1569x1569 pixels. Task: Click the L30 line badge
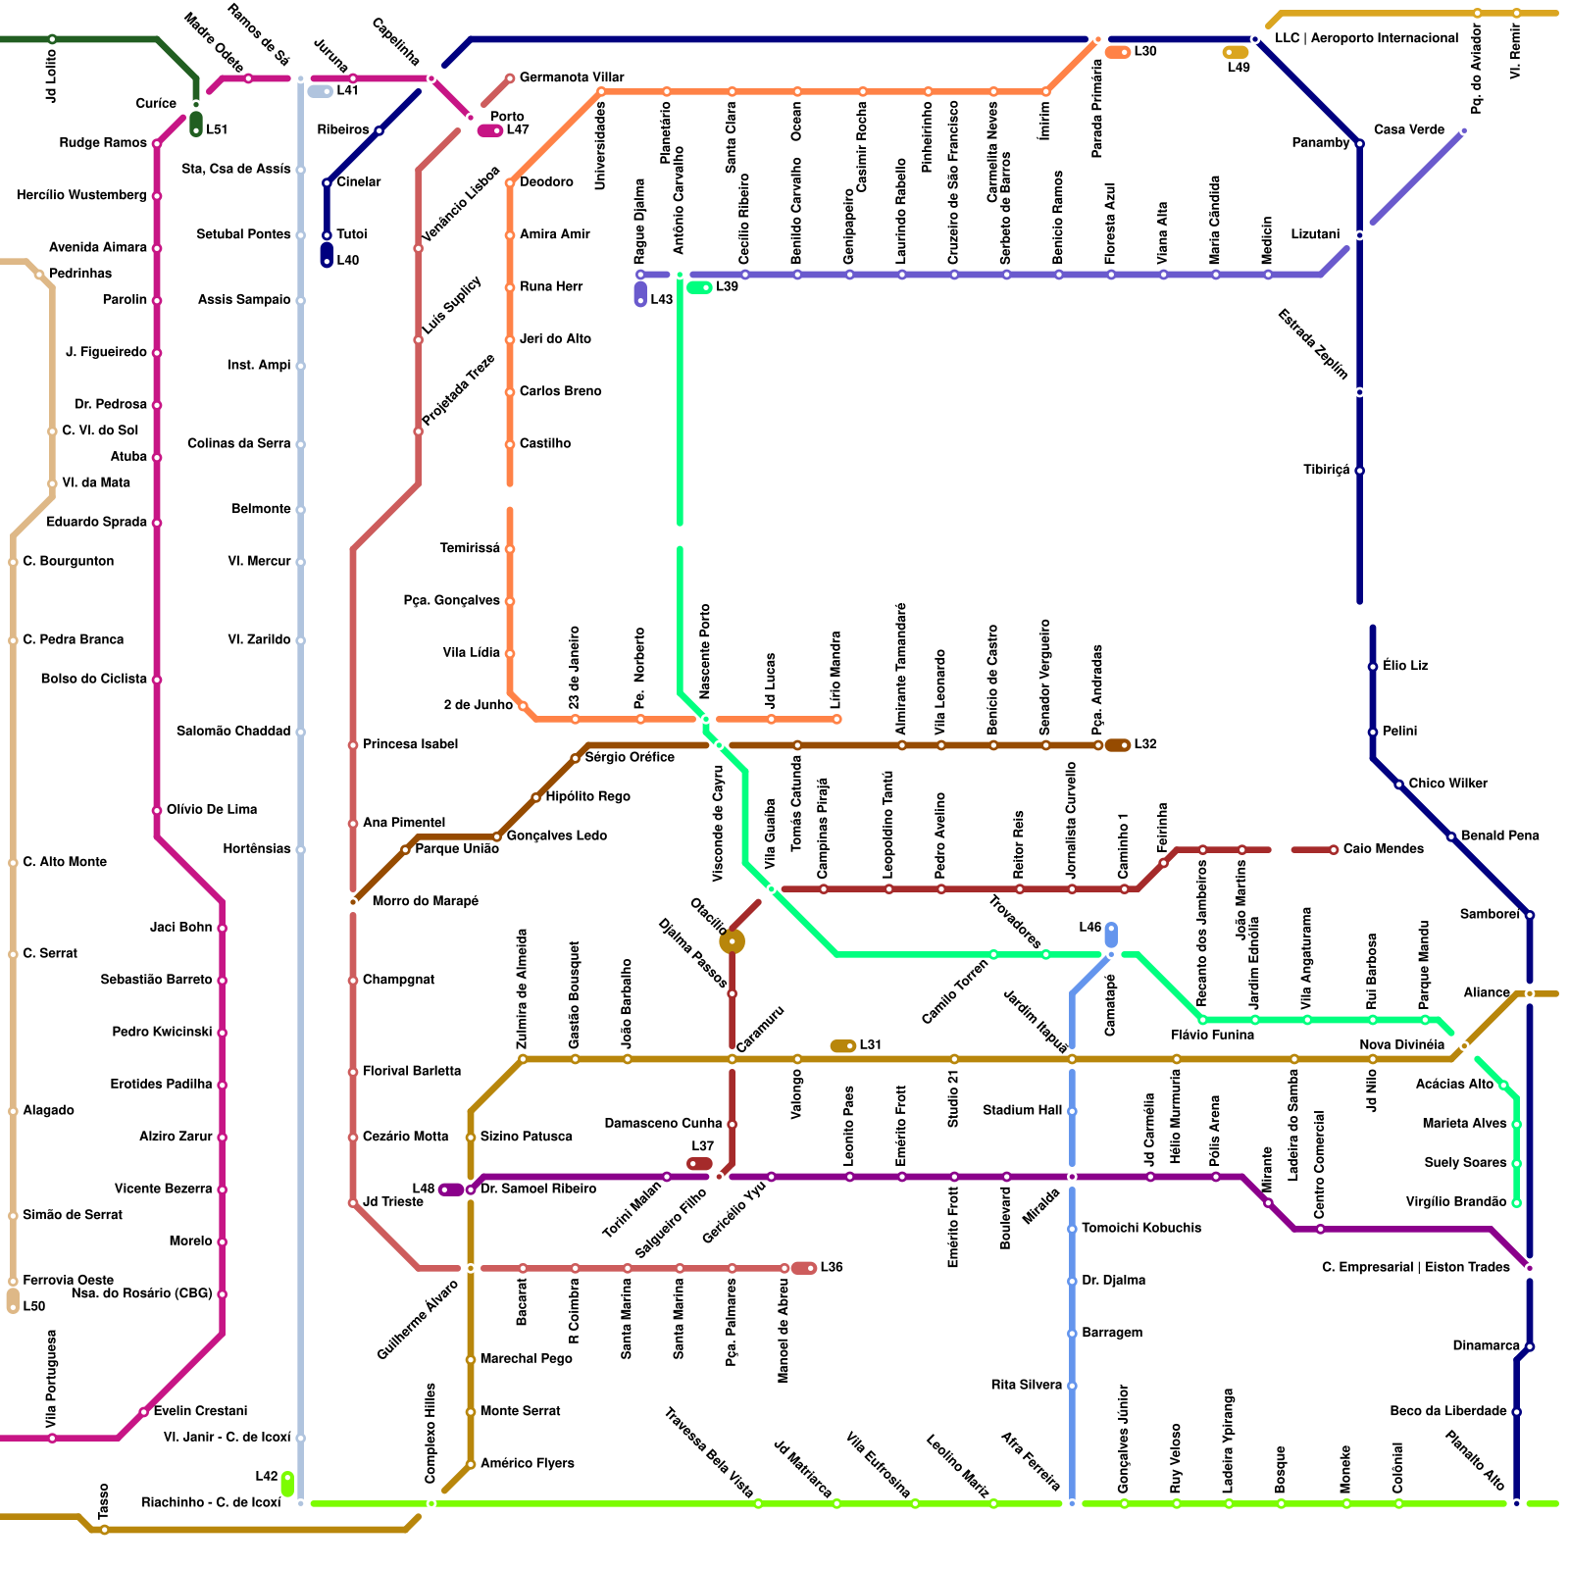1118,52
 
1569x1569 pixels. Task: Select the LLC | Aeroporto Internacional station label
1366,38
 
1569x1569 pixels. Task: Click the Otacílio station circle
732,942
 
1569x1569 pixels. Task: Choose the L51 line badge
196,125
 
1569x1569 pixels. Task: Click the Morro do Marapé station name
425,901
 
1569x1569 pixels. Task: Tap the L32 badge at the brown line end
1118,745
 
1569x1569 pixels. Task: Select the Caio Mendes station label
1383,849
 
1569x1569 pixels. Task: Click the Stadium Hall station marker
1072,1111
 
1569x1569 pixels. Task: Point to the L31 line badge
843,1046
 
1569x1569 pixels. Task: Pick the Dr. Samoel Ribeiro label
538,1189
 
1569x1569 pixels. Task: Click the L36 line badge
804,1268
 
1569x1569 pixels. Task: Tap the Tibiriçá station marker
1359,471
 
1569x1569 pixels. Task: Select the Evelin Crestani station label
200,1411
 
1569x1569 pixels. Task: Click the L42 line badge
287,1484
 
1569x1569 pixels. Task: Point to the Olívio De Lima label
212,810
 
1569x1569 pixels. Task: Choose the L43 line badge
640,293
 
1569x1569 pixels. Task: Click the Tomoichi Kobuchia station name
1141,1229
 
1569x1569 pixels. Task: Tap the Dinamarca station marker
1529,1346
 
